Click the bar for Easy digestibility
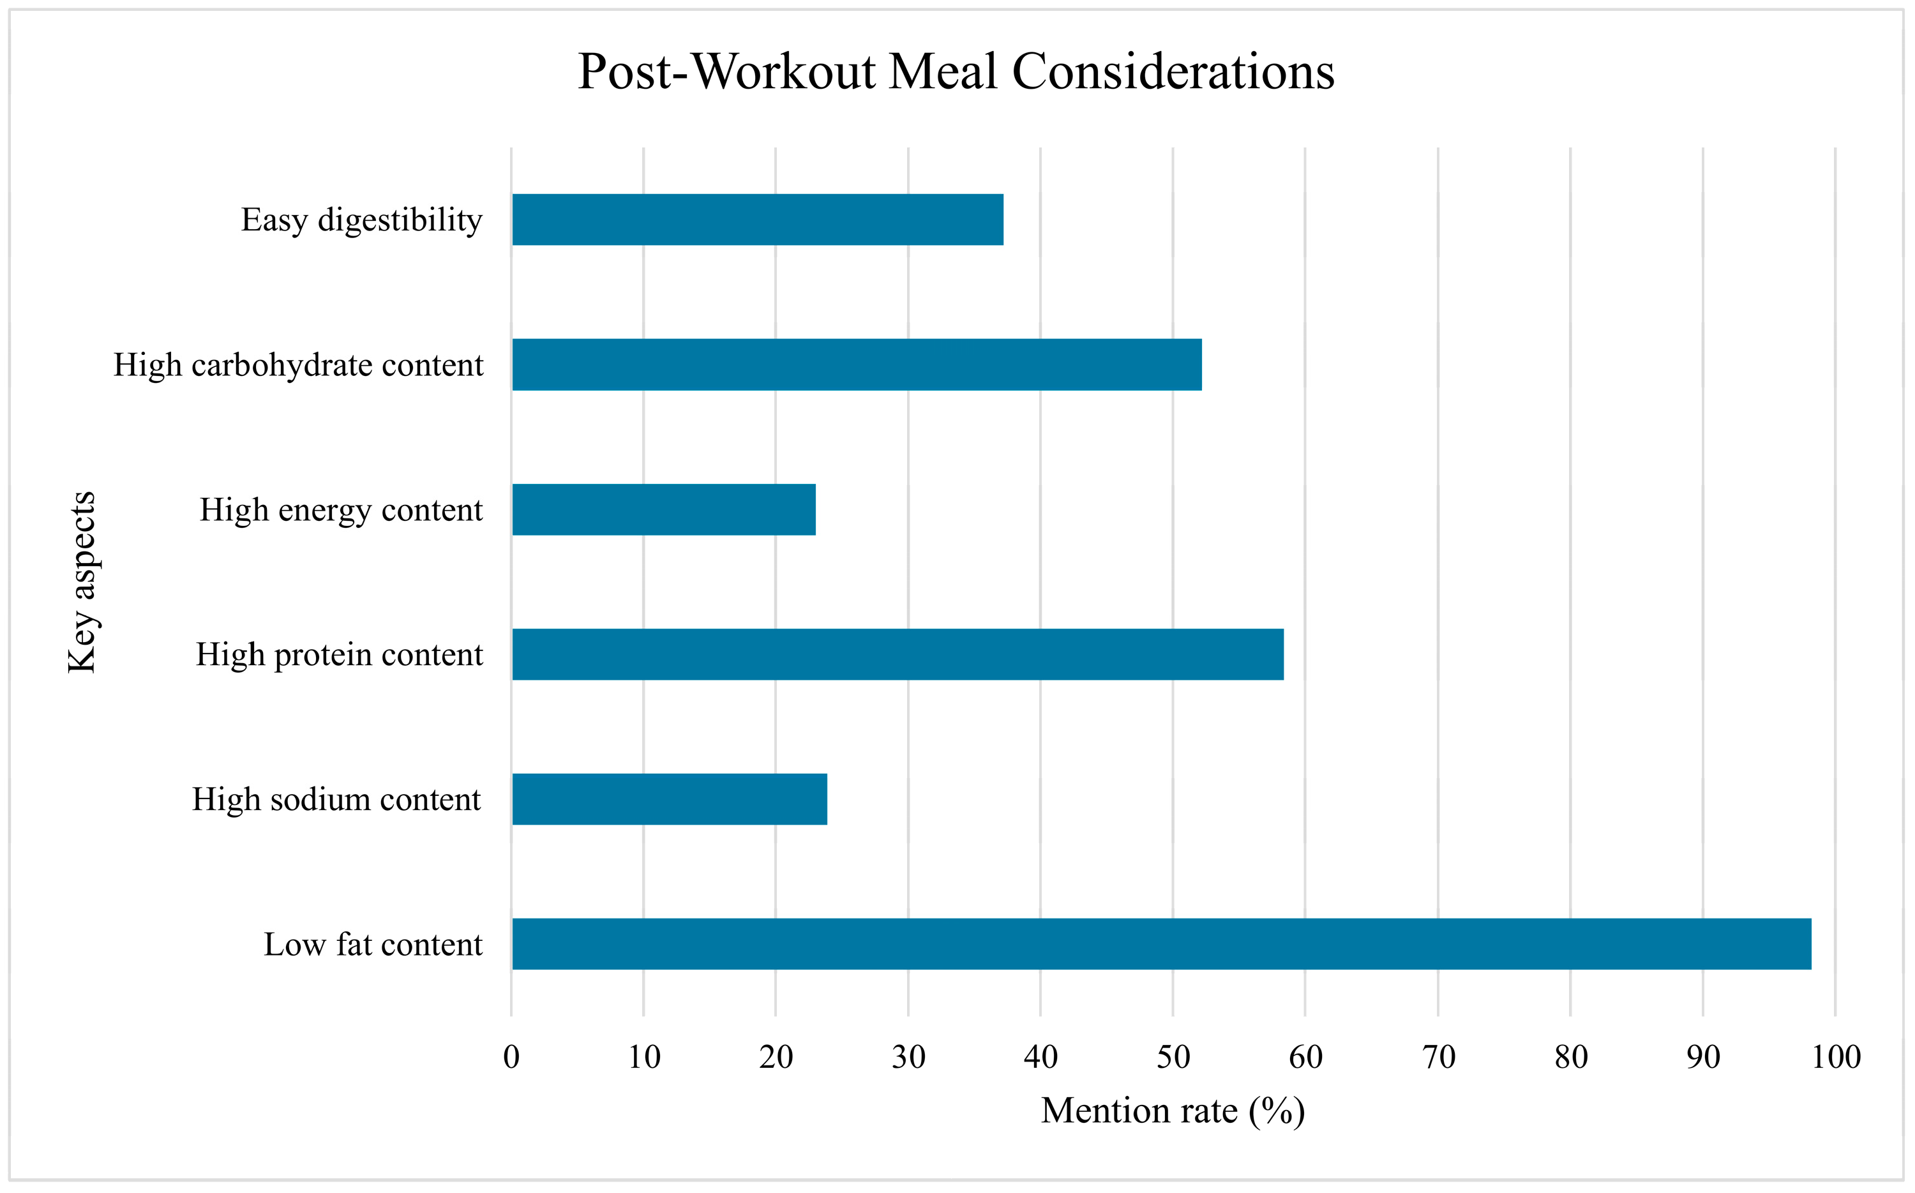pos(758,220)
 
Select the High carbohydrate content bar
pos(856,364)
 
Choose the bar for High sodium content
pos(669,799)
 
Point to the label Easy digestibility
pos(361,220)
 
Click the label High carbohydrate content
pos(298,365)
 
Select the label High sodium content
pos(336,800)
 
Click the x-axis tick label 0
pos(511,1057)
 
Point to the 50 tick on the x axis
pos(1173,1057)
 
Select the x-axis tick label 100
pos(1835,1057)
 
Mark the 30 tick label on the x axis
pos(908,1057)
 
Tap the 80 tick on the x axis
pos(1570,1057)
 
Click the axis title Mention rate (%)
pos(1173,1111)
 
